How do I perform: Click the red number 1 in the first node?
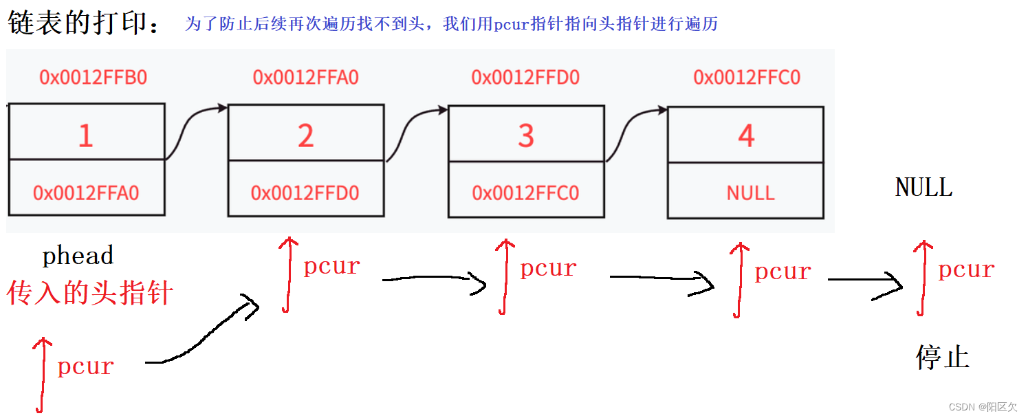tap(85, 136)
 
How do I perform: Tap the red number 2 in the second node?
tap(305, 136)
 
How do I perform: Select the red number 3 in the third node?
tap(526, 136)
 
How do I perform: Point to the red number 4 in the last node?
tap(746, 136)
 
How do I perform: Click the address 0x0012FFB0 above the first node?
tap(93, 77)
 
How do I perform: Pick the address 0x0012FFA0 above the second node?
tap(306, 77)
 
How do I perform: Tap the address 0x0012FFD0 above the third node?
tap(525, 77)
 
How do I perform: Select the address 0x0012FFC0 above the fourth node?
tap(747, 77)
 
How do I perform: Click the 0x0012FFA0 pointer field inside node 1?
tap(86, 192)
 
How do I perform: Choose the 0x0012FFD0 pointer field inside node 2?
tap(305, 192)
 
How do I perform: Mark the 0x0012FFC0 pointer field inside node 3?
tap(526, 192)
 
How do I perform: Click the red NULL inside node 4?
tap(750, 192)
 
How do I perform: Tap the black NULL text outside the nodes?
tap(923, 187)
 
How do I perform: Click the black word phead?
tap(78, 256)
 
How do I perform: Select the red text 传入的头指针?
tap(89, 293)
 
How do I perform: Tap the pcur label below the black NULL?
tap(966, 269)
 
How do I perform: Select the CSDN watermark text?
tap(982, 407)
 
